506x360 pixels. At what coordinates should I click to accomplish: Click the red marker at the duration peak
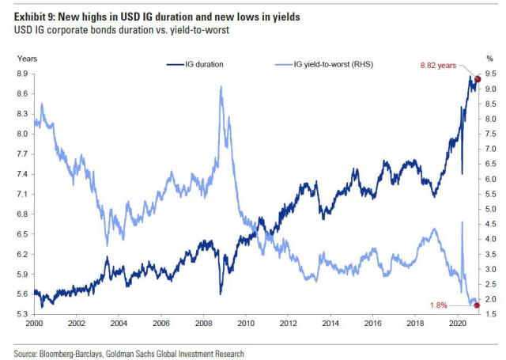coord(477,80)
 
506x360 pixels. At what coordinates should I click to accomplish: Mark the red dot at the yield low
coord(476,305)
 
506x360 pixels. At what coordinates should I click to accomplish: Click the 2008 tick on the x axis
coord(205,324)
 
